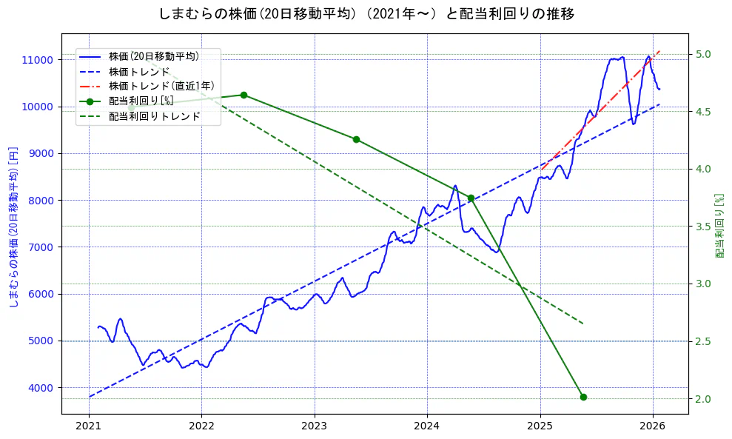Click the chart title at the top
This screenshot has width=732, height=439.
click(x=366, y=14)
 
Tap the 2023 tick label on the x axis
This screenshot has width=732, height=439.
click(x=315, y=426)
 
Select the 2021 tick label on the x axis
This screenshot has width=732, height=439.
click(x=89, y=426)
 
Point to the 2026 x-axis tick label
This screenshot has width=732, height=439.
click(x=653, y=426)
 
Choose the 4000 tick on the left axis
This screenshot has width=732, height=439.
click(x=41, y=388)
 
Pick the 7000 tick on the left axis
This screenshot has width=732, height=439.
click(x=41, y=247)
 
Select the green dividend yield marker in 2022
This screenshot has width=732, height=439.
click(x=244, y=95)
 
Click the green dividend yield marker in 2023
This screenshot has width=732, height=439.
click(x=356, y=139)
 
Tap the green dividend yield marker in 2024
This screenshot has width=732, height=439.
click(x=471, y=198)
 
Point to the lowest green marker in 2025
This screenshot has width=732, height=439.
click(x=583, y=397)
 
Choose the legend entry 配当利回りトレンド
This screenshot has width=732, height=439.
click(x=154, y=116)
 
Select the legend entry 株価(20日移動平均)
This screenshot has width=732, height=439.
click(x=153, y=56)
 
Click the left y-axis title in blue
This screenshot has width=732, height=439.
click(x=13, y=227)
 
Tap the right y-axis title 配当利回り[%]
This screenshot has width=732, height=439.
click(x=719, y=227)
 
